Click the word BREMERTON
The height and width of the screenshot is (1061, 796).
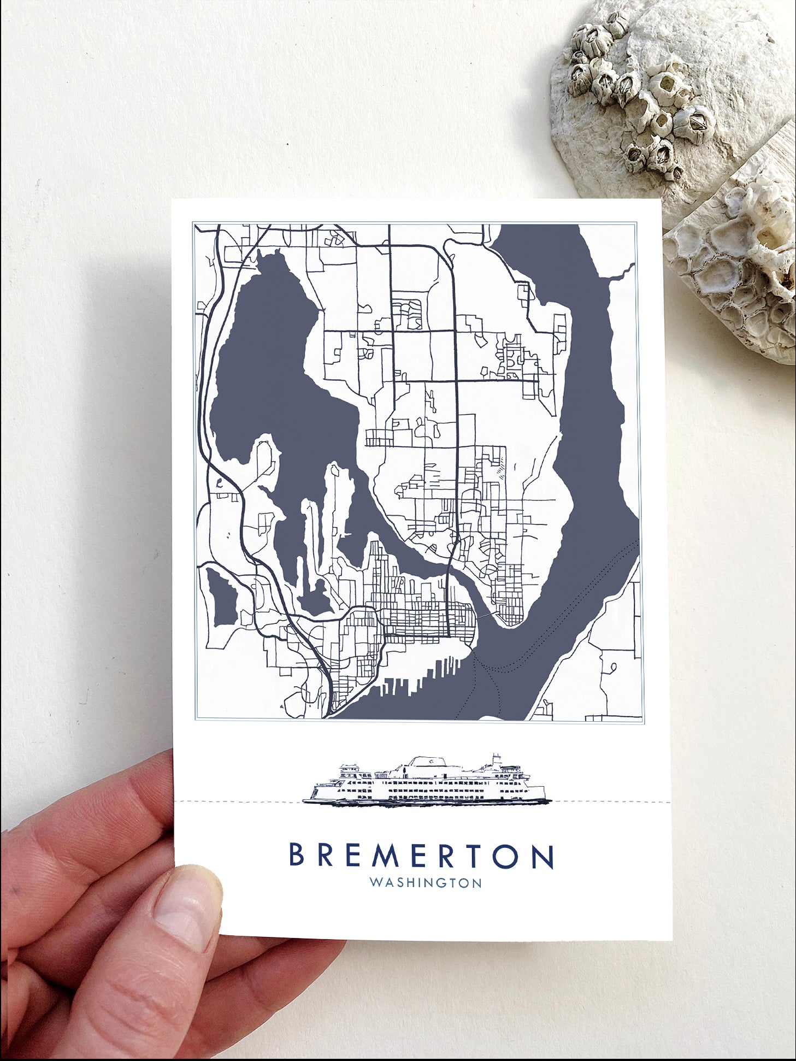(x=421, y=856)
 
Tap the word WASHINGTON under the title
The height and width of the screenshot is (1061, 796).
(x=426, y=883)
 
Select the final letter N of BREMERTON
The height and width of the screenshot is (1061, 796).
(x=543, y=856)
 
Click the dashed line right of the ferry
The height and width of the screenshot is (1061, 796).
(x=612, y=802)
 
